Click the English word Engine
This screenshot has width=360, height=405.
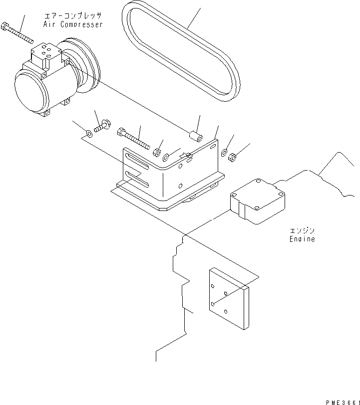302,239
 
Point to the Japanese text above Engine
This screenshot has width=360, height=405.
302,231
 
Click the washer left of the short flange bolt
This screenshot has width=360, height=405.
88,133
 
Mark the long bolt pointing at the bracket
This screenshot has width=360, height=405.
133,138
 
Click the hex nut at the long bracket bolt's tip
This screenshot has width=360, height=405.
156,152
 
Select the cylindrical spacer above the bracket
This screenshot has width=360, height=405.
195,136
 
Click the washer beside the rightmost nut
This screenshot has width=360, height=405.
224,152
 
